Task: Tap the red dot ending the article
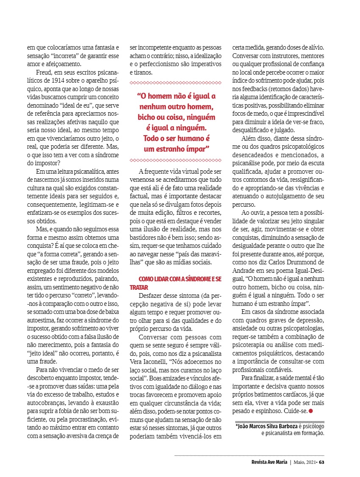tap(310, 411)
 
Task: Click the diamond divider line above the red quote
tap(175, 83)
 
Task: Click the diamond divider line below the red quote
tap(175, 160)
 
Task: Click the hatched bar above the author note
tap(280, 420)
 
